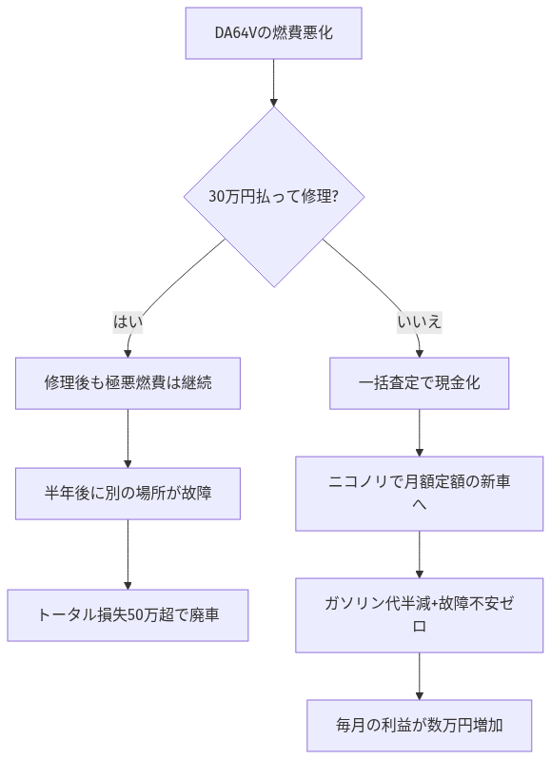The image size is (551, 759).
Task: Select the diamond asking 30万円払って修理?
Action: (274, 197)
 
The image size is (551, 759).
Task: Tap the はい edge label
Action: (128, 321)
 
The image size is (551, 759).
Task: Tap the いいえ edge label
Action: (420, 321)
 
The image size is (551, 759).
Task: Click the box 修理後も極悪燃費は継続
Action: (128, 382)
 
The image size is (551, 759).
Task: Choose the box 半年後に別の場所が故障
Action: (128, 493)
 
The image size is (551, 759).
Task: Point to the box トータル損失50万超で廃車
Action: (128, 614)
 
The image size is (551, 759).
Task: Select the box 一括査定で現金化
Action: (420, 382)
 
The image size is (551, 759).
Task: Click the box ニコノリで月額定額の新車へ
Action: (420, 493)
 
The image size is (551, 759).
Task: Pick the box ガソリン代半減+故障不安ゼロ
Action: (420, 614)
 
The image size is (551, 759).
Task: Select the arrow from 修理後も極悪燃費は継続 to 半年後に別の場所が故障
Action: (128, 438)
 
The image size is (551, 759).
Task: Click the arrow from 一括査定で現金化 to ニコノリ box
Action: (420, 432)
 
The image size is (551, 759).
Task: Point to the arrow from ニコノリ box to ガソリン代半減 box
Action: (420, 554)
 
